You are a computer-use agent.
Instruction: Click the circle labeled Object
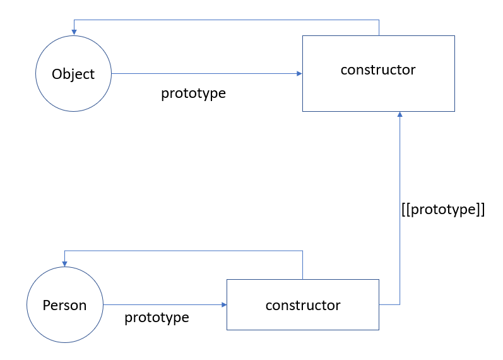tap(73, 74)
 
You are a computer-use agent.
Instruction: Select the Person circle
tap(64, 305)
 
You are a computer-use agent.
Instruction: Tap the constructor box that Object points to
tap(378, 73)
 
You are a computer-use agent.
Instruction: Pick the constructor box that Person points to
tap(302, 304)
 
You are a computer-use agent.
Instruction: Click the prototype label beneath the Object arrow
tap(193, 93)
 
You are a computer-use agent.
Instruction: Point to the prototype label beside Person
tap(157, 317)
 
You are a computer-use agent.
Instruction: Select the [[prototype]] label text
tap(442, 210)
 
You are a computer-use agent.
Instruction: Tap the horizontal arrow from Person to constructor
tap(164, 305)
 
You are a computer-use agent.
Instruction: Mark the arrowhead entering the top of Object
tap(74, 32)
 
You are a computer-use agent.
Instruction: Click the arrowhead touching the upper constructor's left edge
tap(299, 74)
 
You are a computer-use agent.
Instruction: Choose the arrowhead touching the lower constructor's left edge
tap(223, 305)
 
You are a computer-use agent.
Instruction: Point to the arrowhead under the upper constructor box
tap(399, 115)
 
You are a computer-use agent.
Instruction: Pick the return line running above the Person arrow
tap(183, 251)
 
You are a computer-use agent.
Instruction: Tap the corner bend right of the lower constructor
tap(399, 304)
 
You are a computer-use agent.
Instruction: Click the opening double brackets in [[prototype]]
tap(405, 210)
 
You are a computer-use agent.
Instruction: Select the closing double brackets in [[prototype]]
tap(480, 210)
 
